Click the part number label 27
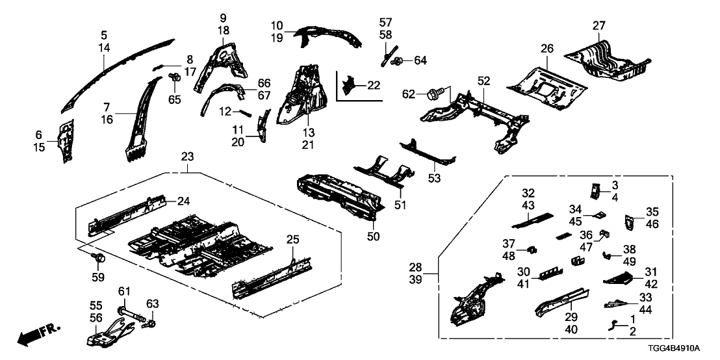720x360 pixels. click(x=598, y=27)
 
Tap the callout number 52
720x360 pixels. click(x=483, y=81)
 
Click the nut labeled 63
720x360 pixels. click(x=151, y=323)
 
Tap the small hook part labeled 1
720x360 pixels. click(x=615, y=325)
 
